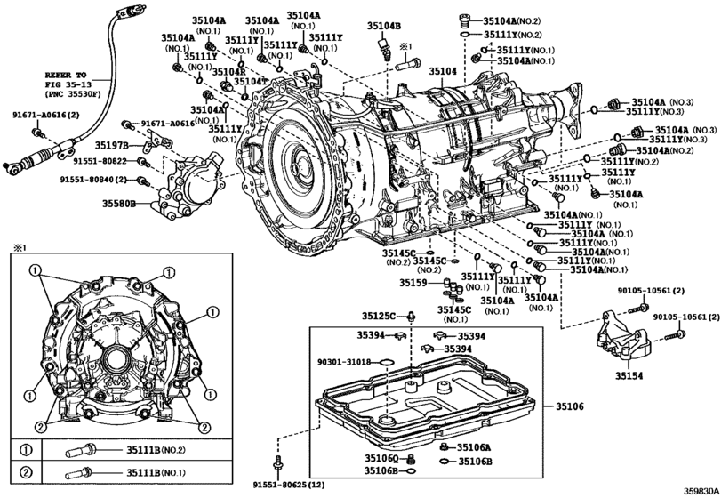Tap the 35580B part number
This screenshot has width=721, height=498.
click(117, 204)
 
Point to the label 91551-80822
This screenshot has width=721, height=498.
click(99, 161)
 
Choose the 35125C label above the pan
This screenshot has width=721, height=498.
click(377, 316)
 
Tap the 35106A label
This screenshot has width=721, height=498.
click(474, 447)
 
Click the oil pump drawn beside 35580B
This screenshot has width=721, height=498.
click(186, 183)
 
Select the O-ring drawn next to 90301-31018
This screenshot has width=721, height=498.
click(387, 363)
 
